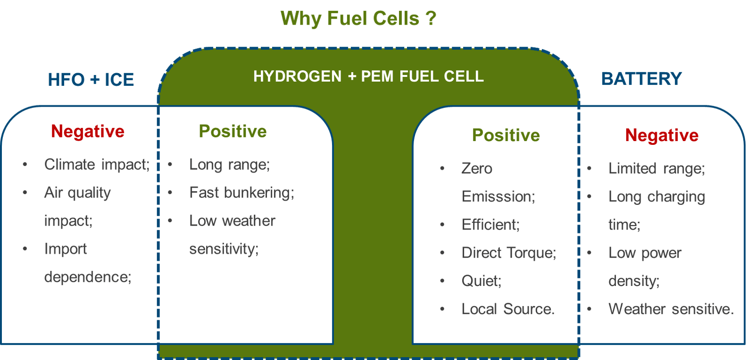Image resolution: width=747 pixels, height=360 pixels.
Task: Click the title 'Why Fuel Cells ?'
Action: pyautogui.click(x=358, y=18)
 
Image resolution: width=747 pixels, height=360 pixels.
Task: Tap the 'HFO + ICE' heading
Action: pyautogui.click(x=91, y=80)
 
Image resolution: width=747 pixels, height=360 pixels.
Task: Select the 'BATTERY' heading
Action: pyautogui.click(x=641, y=79)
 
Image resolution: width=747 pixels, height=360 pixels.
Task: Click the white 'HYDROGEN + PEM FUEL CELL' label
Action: pyautogui.click(x=368, y=76)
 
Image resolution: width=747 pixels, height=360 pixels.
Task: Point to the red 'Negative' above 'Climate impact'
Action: pyautogui.click(x=88, y=131)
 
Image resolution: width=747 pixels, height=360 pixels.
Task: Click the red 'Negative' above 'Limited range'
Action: pyautogui.click(x=662, y=135)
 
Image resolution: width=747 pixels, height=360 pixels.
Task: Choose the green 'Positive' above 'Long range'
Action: pyautogui.click(x=233, y=131)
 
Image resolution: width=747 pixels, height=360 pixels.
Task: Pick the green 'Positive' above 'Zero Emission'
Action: pyautogui.click(x=506, y=135)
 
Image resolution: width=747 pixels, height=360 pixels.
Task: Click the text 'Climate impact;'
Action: pyautogui.click(x=97, y=165)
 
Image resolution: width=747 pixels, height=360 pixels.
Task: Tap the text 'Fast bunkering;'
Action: pyautogui.click(x=242, y=193)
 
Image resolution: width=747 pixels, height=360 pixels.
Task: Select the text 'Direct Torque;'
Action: pyautogui.click(x=509, y=252)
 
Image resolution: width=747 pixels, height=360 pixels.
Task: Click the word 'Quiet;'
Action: pyautogui.click(x=481, y=281)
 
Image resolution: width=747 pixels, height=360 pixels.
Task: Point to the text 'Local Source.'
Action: pyautogui.click(x=508, y=309)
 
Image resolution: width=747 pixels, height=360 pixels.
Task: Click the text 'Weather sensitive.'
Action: pyautogui.click(x=671, y=309)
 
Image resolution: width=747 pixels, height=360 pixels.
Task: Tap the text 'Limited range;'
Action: pyautogui.click(x=656, y=168)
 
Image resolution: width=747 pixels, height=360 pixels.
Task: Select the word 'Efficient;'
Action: pyautogui.click(x=490, y=225)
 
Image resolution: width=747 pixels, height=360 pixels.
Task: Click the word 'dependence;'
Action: pyautogui.click(x=88, y=277)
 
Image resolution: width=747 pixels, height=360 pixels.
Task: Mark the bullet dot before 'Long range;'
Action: pyautogui.click(x=170, y=165)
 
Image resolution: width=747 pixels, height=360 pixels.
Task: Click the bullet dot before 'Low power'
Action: pyautogui.click(x=589, y=252)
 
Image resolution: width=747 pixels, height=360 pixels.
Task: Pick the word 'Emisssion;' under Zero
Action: pyautogui.click(x=498, y=197)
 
